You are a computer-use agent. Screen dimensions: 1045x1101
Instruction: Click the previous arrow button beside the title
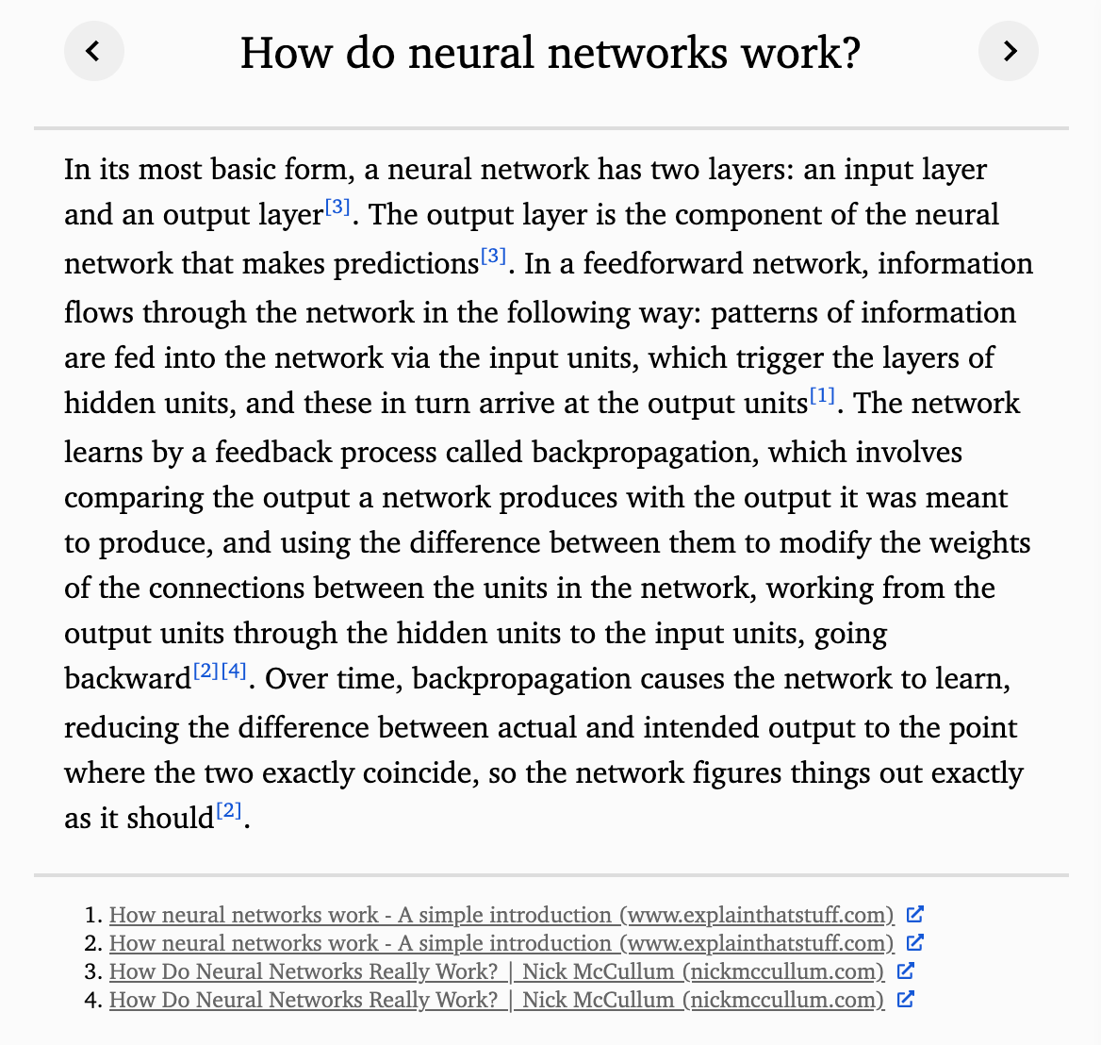tap(93, 51)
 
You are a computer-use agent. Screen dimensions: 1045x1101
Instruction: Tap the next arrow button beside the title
tap(1009, 51)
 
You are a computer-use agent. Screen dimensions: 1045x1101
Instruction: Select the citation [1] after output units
tap(822, 396)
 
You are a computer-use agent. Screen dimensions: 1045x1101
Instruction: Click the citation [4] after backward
tap(234, 672)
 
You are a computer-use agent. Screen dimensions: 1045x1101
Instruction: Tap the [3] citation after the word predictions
tap(493, 256)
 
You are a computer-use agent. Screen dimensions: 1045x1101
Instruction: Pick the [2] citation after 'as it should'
tap(229, 810)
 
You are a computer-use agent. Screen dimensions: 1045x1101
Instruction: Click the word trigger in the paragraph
tap(781, 358)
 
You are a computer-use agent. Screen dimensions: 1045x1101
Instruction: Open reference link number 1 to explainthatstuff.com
tap(501, 915)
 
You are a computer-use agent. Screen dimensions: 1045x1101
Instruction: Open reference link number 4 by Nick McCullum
tap(497, 1000)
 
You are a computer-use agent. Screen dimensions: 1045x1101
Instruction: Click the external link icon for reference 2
tap(914, 942)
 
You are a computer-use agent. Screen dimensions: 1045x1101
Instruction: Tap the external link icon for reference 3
tap(905, 970)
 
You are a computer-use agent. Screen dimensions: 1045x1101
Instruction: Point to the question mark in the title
tap(848, 53)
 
